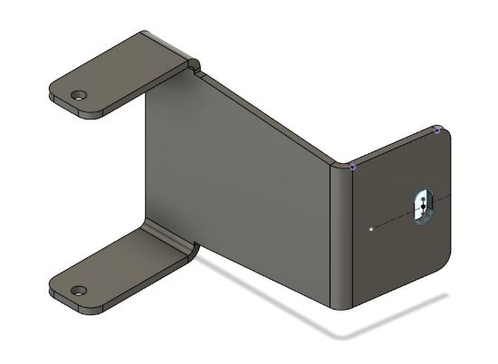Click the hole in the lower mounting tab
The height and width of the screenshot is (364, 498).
79,292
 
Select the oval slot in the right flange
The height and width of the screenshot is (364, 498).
422,206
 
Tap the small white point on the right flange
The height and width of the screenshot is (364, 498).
371,229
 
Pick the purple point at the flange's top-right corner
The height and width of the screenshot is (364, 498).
436,129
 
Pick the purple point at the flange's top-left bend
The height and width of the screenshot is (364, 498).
352,167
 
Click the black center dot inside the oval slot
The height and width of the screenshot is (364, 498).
422,206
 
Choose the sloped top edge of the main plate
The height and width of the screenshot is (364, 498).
272,118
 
